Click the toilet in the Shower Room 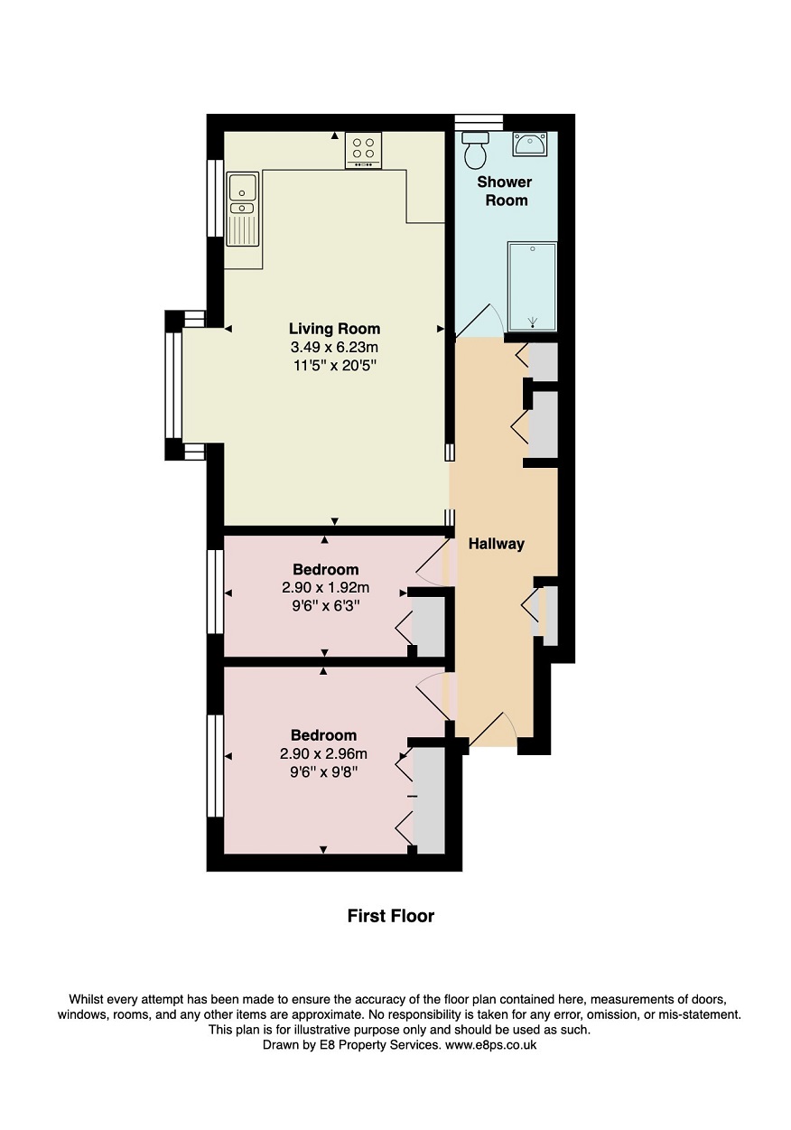tap(474, 150)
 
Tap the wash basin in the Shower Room tap(529, 144)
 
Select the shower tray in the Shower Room tap(532, 286)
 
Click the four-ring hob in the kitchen tap(363, 150)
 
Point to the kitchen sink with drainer tap(243, 210)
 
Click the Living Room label tap(334, 329)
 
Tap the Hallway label tap(496, 544)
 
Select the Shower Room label tap(505, 191)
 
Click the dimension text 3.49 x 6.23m tap(334, 348)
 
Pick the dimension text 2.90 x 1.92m tap(325, 588)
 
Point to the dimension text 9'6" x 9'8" tap(323, 772)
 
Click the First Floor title tap(391, 916)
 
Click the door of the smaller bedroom tap(433, 562)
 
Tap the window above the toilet tap(479, 122)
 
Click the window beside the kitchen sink tap(215, 198)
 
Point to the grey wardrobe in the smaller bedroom tap(428, 627)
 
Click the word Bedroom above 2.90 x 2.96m tap(323, 735)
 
